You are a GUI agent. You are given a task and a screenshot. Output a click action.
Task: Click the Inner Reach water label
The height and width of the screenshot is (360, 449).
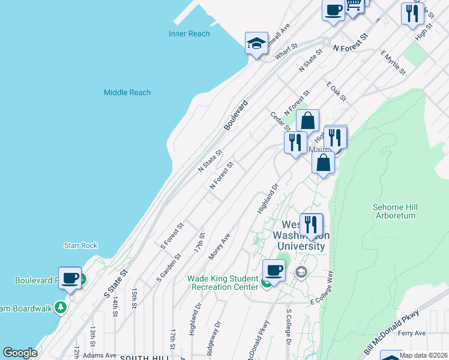click(x=189, y=34)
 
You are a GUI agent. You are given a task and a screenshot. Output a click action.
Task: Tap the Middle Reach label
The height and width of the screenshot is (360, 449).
click(x=127, y=92)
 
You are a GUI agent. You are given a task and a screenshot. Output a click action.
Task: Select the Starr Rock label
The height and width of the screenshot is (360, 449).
click(x=80, y=245)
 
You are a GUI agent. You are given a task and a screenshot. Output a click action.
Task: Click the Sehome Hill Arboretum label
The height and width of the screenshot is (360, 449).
click(x=394, y=211)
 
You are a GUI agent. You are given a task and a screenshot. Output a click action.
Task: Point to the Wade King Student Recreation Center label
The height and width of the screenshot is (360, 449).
click(x=223, y=283)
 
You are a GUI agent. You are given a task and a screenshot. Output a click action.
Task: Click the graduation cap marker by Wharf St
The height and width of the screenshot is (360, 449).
click(x=256, y=43)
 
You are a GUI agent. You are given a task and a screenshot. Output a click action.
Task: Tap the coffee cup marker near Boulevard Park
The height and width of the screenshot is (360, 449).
click(x=70, y=278)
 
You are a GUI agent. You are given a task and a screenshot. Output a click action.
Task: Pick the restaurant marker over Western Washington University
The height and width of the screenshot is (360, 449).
click(x=311, y=225)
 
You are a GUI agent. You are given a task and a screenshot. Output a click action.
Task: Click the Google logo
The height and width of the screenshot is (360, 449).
click(x=20, y=353)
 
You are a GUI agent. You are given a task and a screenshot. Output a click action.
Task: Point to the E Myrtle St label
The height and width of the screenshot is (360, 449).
click(x=393, y=62)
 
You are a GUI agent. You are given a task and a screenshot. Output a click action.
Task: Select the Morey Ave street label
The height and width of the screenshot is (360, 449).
click(x=220, y=247)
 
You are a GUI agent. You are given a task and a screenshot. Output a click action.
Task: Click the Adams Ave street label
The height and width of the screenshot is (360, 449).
click(x=100, y=355)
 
